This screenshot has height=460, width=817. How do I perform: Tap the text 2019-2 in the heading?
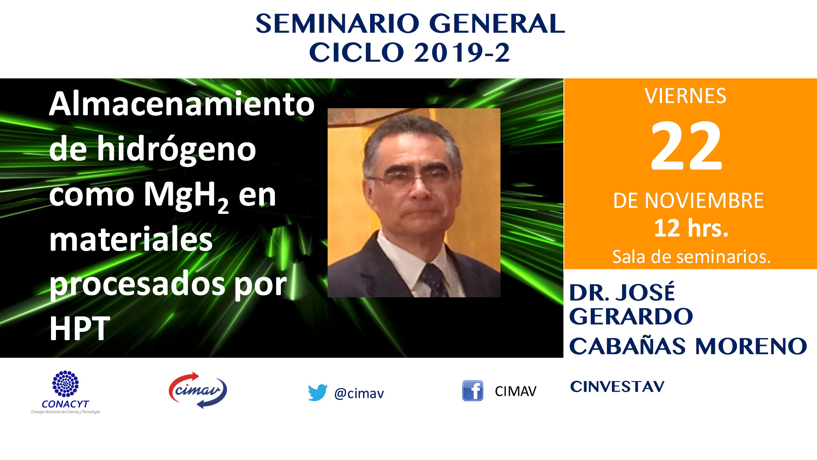(x=462, y=53)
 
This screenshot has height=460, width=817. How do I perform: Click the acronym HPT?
(x=80, y=328)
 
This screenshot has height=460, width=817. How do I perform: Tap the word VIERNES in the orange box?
(x=685, y=96)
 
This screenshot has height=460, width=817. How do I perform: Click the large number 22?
(x=686, y=146)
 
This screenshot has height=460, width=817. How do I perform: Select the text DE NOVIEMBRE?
(x=688, y=201)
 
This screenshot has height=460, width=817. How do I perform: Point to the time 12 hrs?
(x=691, y=228)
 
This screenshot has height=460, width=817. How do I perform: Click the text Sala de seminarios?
(x=691, y=257)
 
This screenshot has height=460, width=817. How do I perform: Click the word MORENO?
(x=751, y=346)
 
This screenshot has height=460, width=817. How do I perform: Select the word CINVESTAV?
(x=617, y=386)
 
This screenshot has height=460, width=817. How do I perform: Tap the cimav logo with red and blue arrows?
(x=198, y=390)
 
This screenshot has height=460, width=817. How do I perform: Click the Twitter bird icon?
(x=317, y=393)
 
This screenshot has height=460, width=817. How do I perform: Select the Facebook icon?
(x=473, y=390)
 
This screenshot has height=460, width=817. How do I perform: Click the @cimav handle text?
(x=359, y=393)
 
